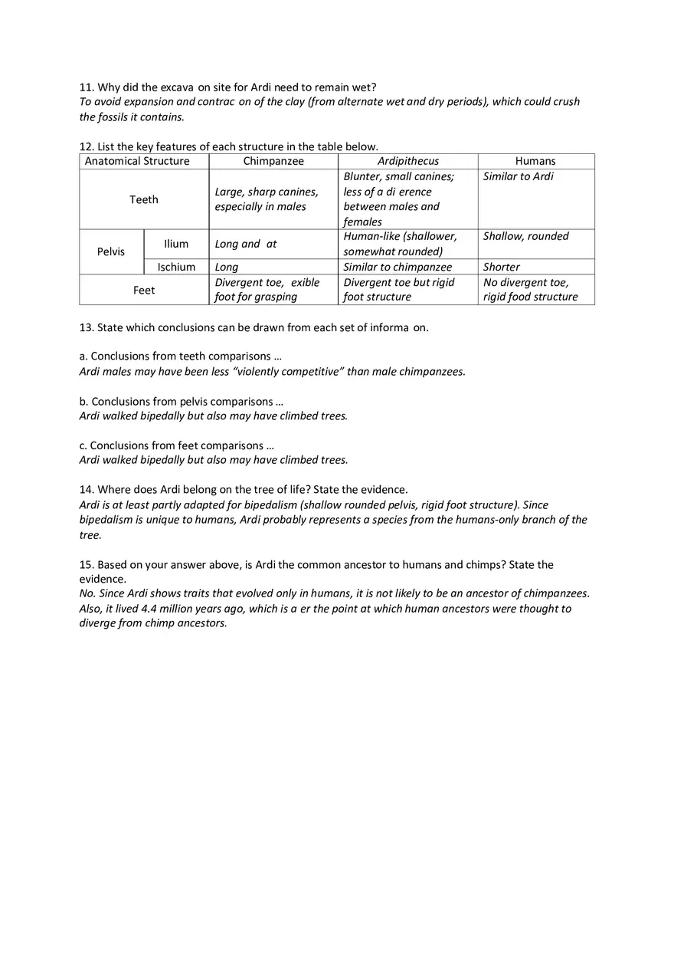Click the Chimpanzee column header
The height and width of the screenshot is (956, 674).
[273, 161]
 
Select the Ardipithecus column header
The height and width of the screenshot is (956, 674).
[407, 161]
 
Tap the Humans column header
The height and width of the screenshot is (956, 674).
[535, 161]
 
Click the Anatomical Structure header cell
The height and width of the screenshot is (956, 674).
[137, 161]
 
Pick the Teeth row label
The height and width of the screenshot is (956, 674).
[144, 199]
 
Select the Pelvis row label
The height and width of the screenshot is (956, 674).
[111, 251]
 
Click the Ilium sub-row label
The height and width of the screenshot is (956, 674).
[176, 244]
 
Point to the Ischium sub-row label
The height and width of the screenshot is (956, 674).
[176, 267]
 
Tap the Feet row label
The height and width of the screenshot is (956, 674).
[144, 290]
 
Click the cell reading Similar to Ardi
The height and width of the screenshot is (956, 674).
[519, 176]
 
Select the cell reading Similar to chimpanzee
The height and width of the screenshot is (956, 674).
[398, 267]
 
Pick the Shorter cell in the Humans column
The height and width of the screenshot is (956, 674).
[502, 267]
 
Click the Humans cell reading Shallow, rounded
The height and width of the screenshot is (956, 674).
[526, 236]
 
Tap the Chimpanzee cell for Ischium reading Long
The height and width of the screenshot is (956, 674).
[227, 267]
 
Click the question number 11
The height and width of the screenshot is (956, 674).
[87, 87]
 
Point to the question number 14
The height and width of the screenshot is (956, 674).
[87, 489]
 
